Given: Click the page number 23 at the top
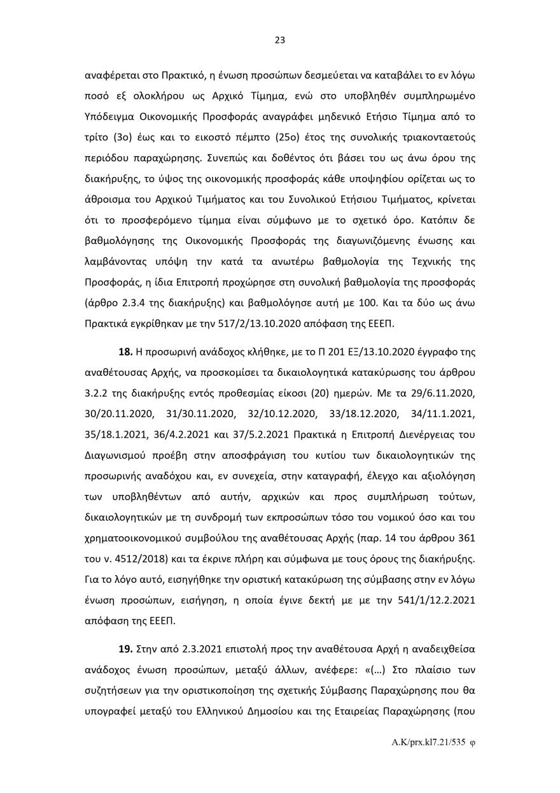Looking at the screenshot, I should [279, 39].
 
